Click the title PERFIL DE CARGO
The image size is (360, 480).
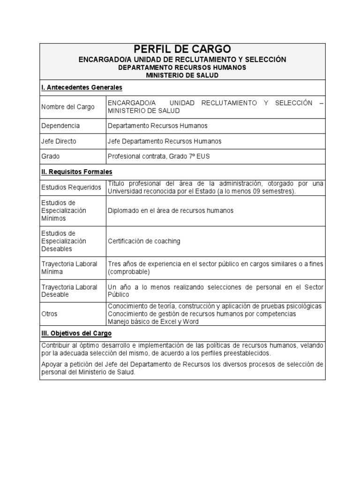click(x=182, y=49)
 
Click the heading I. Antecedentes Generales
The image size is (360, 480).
click(x=82, y=88)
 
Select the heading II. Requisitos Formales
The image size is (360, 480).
click(x=77, y=172)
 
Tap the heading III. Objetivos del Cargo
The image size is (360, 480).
click(x=76, y=333)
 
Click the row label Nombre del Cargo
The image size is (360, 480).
click(x=68, y=107)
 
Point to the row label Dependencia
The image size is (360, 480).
click(x=60, y=126)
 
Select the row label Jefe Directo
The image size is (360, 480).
click(x=59, y=141)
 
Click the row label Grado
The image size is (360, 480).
click(x=51, y=157)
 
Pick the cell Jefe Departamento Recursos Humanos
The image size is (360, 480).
click(x=165, y=141)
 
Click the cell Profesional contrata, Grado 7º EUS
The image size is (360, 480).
click(x=158, y=157)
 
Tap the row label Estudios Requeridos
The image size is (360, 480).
click(x=71, y=187)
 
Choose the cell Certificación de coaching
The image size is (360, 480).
click(x=144, y=241)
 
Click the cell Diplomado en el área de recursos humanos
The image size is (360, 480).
click(x=170, y=210)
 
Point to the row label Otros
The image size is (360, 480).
click(x=50, y=314)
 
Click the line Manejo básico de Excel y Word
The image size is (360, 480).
click(x=153, y=322)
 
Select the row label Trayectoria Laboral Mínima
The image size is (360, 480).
click(x=69, y=268)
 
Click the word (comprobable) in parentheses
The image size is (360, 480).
click(x=129, y=272)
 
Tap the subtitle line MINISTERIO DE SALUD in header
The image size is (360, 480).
click(x=182, y=75)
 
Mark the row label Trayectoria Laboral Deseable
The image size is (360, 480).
click(x=69, y=291)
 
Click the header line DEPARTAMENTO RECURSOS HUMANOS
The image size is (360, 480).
click(x=182, y=67)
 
